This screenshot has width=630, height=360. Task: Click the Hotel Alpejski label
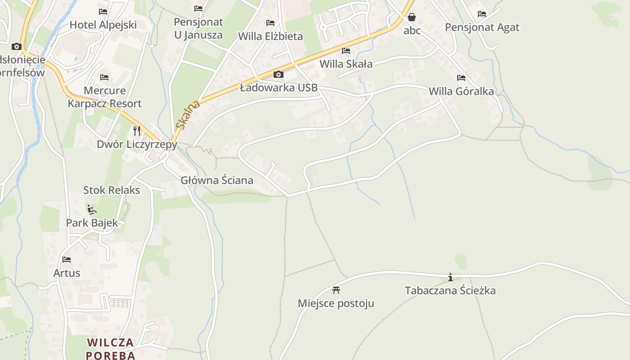click(103, 25)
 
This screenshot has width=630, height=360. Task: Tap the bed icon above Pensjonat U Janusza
click(198, 9)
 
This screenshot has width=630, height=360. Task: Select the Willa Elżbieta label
click(270, 36)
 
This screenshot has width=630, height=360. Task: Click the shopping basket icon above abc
click(412, 18)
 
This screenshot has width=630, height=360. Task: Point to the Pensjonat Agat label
click(482, 27)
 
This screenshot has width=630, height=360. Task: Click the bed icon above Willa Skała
click(346, 51)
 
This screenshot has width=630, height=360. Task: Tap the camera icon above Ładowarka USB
click(279, 74)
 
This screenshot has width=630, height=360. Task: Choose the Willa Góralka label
click(461, 91)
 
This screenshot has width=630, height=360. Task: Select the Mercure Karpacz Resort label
click(104, 97)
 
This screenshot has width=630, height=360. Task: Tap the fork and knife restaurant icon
click(137, 131)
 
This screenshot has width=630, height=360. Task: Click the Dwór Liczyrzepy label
click(137, 144)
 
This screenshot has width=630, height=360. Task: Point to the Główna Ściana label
click(217, 180)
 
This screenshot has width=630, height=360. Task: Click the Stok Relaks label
click(112, 190)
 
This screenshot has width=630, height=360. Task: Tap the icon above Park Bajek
click(92, 209)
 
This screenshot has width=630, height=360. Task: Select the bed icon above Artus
click(67, 260)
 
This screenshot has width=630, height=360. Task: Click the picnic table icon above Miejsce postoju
click(336, 290)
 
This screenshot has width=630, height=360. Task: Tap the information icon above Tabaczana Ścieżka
click(450, 277)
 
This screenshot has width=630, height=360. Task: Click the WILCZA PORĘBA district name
click(111, 349)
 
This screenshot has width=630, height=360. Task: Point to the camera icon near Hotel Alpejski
click(17, 46)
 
